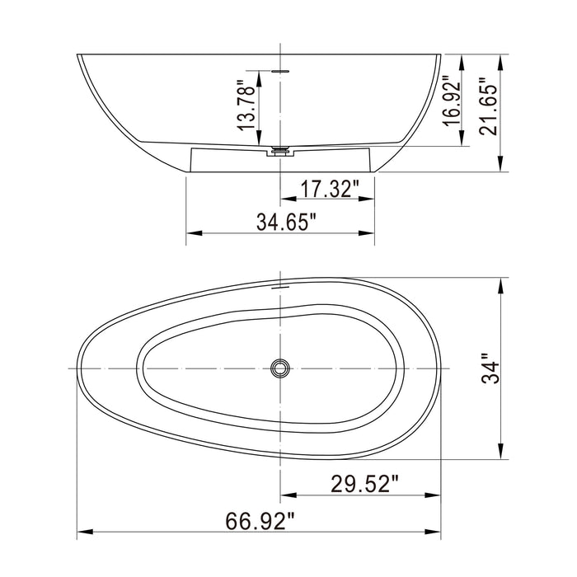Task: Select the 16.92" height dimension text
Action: (450, 100)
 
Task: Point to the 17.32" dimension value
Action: (328, 189)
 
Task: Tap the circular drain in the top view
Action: (281, 368)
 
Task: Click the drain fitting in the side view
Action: (281, 151)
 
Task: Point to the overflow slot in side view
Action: (281, 72)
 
